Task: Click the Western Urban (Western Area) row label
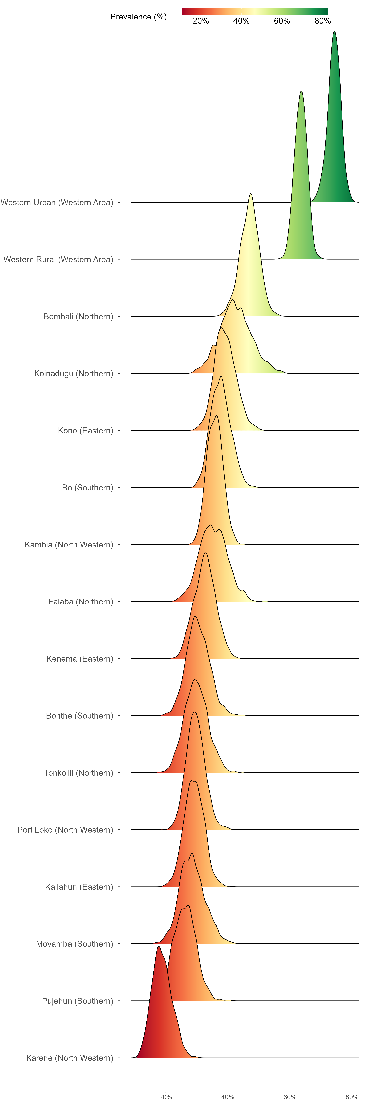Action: (x=57, y=203)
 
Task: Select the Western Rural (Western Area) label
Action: (x=58, y=259)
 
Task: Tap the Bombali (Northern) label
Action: (x=78, y=317)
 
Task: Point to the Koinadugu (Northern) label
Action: (x=74, y=374)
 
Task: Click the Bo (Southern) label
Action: (x=87, y=488)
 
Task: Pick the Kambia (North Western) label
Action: (x=69, y=545)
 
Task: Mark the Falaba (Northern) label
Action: (x=81, y=602)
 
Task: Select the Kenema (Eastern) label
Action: (x=80, y=659)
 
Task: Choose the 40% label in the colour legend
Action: (x=241, y=21)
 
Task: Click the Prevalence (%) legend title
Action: (x=138, y=17)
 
